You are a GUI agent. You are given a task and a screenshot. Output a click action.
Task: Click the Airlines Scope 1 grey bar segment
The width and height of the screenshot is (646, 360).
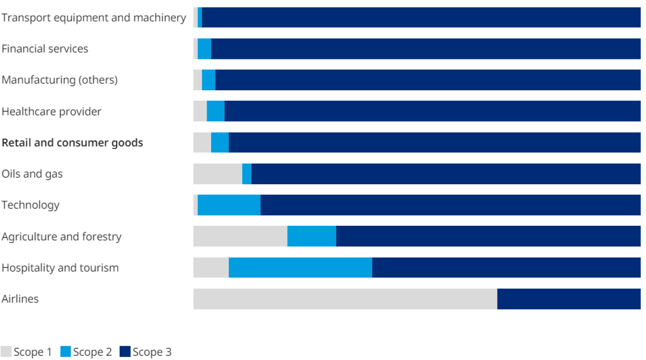345,299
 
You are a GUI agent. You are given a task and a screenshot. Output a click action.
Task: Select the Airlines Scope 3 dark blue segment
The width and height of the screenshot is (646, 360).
569,299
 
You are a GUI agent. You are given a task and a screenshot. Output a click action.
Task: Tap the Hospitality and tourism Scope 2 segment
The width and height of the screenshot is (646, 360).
300,268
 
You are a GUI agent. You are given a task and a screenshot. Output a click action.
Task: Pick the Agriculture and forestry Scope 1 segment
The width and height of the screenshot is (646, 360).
240,236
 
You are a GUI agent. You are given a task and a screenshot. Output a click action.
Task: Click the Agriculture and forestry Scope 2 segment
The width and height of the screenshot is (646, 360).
312,236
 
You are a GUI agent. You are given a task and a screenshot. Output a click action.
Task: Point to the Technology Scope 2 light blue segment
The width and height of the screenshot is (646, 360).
229,205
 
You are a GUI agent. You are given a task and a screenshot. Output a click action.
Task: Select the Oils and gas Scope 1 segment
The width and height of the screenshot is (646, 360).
218,174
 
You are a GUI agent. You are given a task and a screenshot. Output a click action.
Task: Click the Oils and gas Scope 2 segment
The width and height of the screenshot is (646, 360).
247,174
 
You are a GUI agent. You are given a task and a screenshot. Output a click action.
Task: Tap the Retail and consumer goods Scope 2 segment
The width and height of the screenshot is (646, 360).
220,142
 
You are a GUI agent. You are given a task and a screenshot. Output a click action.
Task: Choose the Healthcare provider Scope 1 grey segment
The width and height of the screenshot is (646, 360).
200,111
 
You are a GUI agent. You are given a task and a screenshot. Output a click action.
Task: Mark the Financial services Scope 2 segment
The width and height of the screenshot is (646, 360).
204,49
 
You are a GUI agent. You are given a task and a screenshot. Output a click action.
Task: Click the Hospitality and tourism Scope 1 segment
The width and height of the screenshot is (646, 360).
211,268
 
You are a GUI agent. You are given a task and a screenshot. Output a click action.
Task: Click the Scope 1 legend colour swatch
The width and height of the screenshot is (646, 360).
6,351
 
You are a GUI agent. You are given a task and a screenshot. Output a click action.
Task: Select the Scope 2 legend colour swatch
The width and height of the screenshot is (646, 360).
65,351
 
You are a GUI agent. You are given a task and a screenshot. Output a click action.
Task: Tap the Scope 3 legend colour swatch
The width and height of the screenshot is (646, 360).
125,351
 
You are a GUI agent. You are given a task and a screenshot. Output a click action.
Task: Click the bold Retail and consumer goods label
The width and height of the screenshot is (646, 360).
72,143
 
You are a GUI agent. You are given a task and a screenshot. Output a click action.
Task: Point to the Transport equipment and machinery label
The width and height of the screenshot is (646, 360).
94,17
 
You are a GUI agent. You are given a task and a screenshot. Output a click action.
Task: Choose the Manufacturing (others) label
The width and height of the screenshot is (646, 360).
59,80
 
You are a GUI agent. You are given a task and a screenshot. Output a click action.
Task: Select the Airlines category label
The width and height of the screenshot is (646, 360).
20,299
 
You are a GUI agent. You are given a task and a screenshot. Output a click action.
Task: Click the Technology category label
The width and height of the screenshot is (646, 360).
31,205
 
